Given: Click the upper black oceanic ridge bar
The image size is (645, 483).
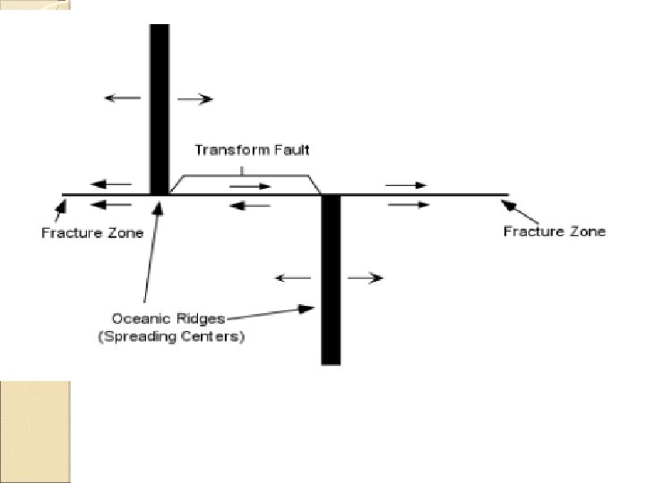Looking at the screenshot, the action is click(x=159, y=107).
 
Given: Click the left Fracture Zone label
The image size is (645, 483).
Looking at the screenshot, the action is click(x=91, y=233).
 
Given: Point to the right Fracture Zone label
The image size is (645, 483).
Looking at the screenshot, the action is click(x=554, y=232).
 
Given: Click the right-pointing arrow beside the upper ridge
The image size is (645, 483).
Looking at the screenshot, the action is click(x=195, y=98).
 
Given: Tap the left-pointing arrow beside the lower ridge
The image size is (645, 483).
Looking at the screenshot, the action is click(x=292, y=278).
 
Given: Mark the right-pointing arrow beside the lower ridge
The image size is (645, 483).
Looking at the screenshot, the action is click(x=365, y=278).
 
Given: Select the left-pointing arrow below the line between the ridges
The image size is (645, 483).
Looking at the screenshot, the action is click(x=250, y=205).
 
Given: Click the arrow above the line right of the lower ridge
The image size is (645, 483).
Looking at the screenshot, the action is click(x=407, y=185).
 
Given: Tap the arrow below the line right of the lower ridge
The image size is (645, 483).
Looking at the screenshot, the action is click(x=407, y=204).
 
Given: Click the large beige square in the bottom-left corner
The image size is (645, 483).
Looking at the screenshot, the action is click(x=35, y=431).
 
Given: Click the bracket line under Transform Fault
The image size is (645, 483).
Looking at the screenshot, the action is click(x=244, y=175).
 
